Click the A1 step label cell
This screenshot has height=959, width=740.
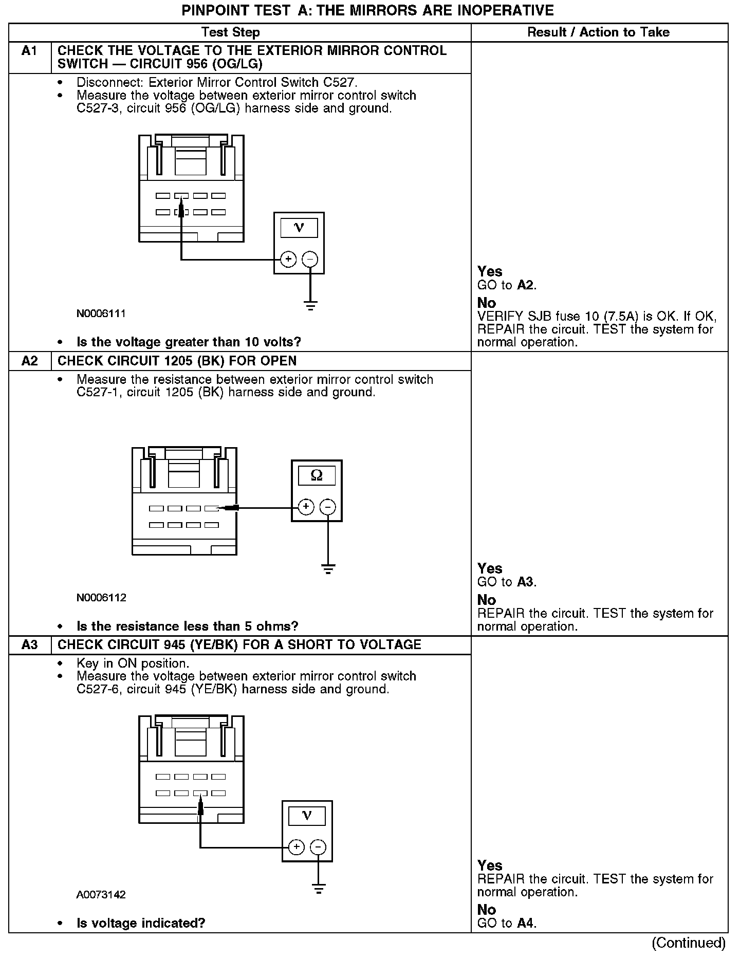(x=30, y=51)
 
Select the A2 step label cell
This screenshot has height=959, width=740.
(x=30, y=361)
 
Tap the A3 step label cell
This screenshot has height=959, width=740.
(x=30, y=645)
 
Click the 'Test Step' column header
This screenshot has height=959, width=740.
(x=231, y=32)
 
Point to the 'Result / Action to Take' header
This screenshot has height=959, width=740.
(x=599, y=32)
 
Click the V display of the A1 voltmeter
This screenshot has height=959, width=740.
(x=299, y=228)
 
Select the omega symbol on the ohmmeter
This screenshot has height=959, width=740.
(x=317, y=476)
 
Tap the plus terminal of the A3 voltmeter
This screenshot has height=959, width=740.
(x=296, y=847)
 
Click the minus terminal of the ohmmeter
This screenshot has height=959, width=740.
(x=328, y=507)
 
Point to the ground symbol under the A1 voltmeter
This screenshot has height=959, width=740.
(x=310, y=306)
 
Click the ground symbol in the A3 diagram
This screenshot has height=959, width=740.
(x=319, y=889)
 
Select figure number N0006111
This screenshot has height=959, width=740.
(x=101, y=313)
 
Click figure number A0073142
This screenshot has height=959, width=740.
(x=101, y=895)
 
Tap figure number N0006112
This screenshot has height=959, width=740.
(x=101, y=598)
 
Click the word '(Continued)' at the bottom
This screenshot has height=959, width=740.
(x=689, y=943)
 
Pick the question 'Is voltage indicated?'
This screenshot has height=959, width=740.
(x=141, y=924)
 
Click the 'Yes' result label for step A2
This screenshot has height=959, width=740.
(x=490, y=568)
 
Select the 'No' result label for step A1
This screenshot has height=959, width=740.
(x=487, y=303)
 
